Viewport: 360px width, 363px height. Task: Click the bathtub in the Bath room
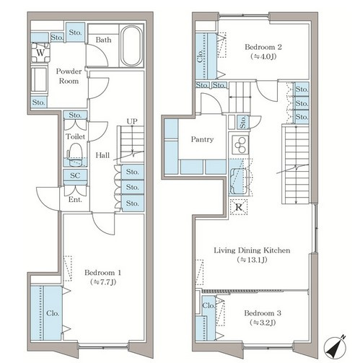[131, 45]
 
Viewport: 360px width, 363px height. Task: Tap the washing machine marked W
[40, 53]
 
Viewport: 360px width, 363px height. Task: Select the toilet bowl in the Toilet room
[75, 154]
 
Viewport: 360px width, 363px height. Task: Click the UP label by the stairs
[132, 121]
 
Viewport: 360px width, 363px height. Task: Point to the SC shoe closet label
[75, 175]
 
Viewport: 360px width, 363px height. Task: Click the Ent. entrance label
[75, 199]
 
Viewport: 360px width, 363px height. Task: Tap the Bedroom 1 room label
[102, 273]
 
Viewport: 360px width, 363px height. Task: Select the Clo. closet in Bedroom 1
[47, 313]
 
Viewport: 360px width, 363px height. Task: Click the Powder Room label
[69, 76]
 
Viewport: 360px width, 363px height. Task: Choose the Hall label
[102, 155]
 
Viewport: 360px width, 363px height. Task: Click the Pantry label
[202, 139]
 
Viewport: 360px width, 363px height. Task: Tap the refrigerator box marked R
[239, 207]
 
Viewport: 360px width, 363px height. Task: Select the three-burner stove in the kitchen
[240, 144]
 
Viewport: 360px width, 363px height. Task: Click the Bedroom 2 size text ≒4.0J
[263, 56]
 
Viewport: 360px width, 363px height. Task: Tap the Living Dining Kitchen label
[252, 250]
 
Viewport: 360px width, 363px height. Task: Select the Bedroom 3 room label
[263, 313]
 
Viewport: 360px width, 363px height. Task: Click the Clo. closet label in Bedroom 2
[200, 56]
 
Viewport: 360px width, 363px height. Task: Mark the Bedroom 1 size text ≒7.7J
[103, 282]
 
